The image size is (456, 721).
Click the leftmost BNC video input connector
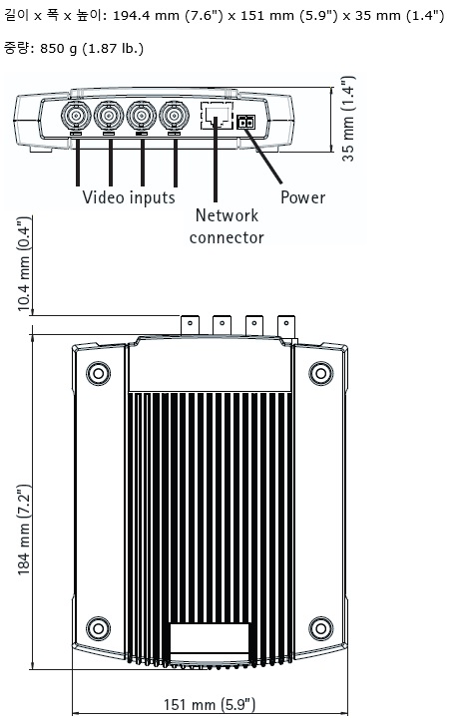76,116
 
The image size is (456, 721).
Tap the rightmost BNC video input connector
175,116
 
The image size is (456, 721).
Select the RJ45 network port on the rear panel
217,116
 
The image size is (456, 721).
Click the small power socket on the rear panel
246,123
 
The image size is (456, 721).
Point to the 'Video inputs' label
129,197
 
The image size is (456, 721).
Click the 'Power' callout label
302,197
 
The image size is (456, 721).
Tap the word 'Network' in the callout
227,215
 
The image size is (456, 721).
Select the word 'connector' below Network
227,237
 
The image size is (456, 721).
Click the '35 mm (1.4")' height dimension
348,119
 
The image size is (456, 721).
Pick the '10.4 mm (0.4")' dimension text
24,264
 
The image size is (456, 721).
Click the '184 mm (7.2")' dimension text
24,530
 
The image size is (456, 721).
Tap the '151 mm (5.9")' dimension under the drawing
210,704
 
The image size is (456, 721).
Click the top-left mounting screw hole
99,373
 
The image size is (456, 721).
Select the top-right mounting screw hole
320,373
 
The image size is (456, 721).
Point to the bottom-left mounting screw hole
99,628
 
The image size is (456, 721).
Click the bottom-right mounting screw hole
320,628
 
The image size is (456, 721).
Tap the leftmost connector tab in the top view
190,325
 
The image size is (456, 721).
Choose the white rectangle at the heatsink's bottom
210,638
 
